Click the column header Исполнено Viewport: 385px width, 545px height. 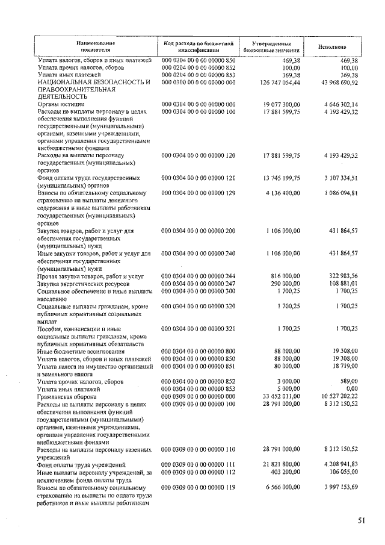pyautogui.click(x=332, y=46)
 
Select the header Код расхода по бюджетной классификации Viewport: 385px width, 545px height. pyautogui.click(x=198, y=46)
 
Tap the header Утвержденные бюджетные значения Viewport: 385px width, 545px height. pyautogui.click(x=271, y=46)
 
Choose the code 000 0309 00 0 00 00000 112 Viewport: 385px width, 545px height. pyautogui.click(x=199, y=472)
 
